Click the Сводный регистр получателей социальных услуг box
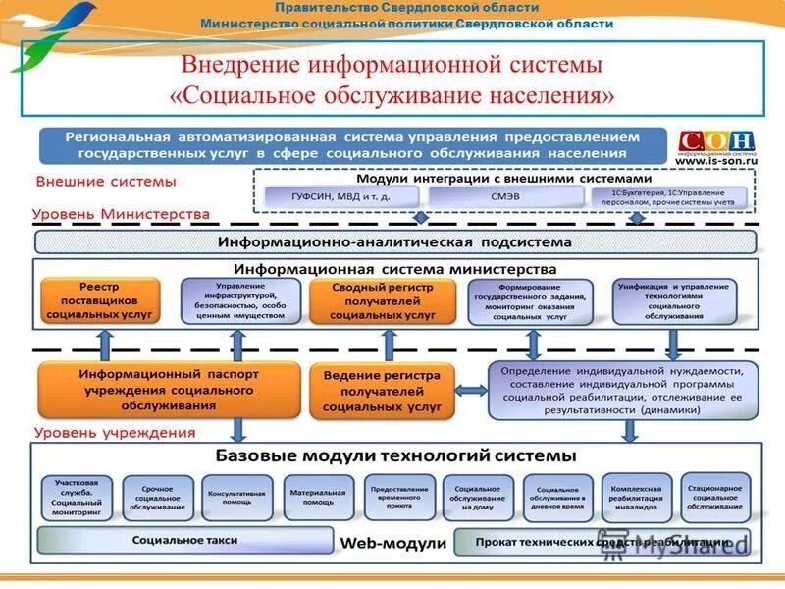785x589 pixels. click(x=383, y=301)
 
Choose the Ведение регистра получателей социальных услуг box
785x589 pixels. click(x=383, y=389)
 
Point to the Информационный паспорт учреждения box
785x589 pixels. click(x=168, y=389)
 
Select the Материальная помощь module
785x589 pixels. click(x=317, y=498)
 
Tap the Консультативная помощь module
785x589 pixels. click(x=236, y=498)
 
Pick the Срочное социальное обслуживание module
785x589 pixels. click(x=156, y=498)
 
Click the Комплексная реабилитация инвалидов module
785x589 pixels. click(x=637, y=498)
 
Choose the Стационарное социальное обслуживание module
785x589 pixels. click(x=716, y=498)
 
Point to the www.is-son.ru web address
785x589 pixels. click(x=718, y=164)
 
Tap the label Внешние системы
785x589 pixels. click(x=106, y=182)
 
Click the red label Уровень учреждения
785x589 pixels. click(x=115, y=432)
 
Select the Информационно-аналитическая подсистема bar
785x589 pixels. click(x=395, y=241)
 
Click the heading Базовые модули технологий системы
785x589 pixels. click(x=395, y=456)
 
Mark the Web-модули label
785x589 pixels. click(x=393, y=542)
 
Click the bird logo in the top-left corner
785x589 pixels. click(x=49, y=34)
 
